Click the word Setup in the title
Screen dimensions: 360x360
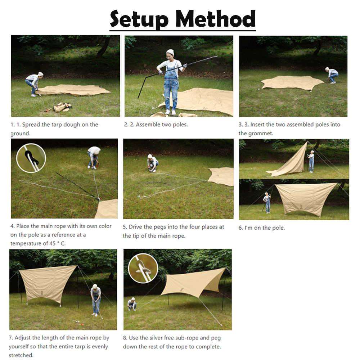(x=139, y=19)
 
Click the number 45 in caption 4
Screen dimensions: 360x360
(x=52, y=243)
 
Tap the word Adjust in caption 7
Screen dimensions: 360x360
(x=22, y=338)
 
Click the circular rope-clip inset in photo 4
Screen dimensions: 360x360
(x=31, y=158)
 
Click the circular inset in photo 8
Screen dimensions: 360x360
(x=143, y=268)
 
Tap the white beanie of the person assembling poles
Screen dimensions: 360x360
(x=170, y=52)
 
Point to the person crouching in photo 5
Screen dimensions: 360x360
(x=152, y=163)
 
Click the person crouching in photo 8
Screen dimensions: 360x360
(x=132, y=304)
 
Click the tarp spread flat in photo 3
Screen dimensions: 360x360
(x=292, y=83)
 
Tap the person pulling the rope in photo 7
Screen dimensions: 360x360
(x=96, y=300)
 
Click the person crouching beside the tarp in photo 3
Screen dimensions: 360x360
(x=332, y=75)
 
